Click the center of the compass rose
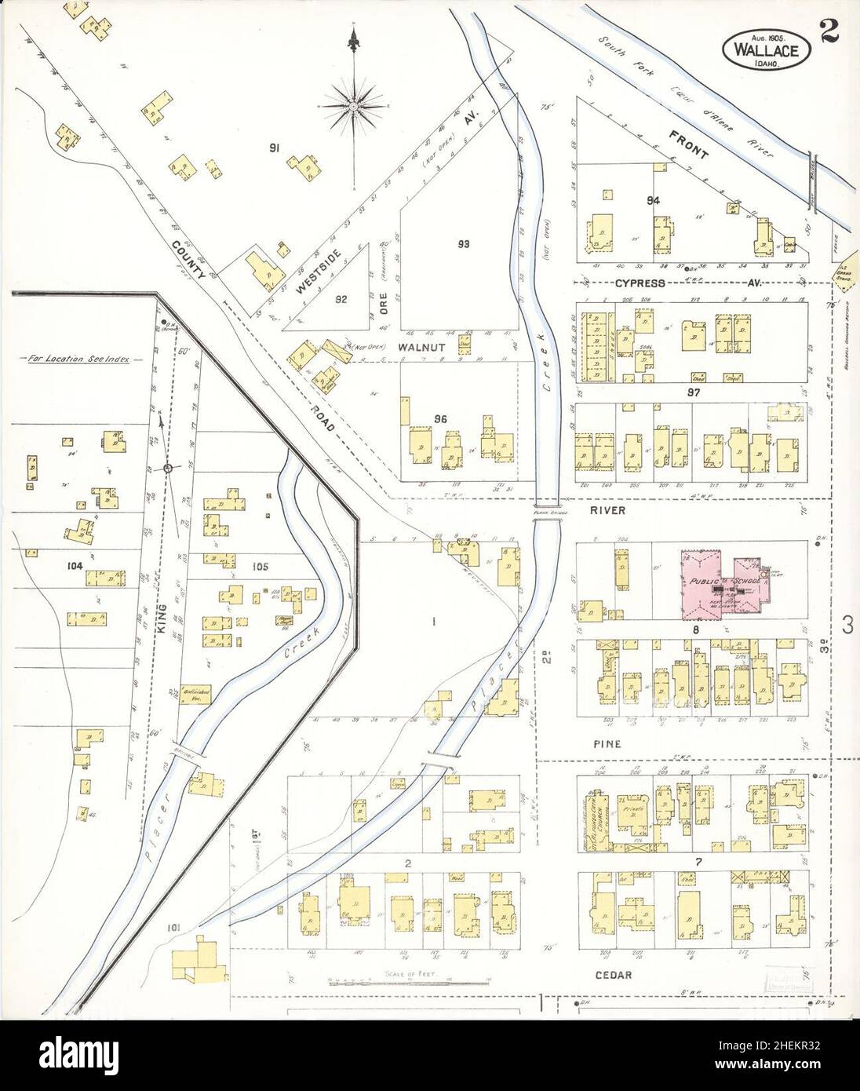(x=355, y=104)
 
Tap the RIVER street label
(x=609, y=510)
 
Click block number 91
(x=275, y=147)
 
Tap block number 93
(x=463, y=244)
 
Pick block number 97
(x=692, y=391)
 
